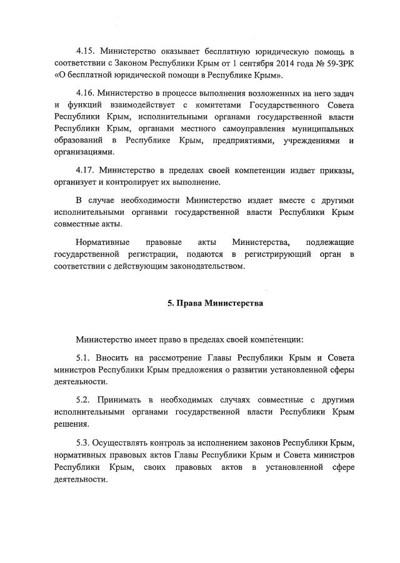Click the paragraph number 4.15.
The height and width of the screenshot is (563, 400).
[86, 51]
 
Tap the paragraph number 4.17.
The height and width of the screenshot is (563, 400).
[86, 169]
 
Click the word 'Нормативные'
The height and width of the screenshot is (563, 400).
[102, 242]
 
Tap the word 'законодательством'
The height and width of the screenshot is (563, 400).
[201, 267]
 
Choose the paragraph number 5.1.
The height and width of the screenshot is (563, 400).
[84, 357]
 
